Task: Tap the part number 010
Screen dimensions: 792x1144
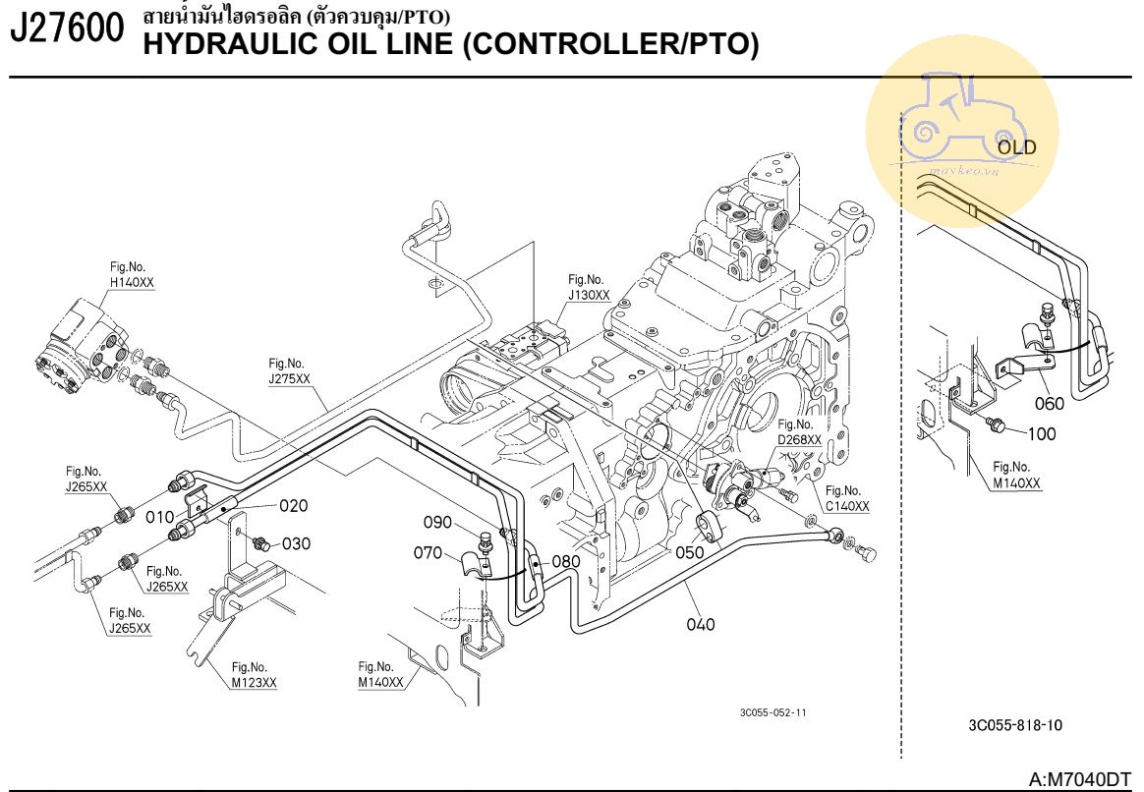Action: coord(159,517)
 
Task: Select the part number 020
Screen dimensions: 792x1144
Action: coord(292,506)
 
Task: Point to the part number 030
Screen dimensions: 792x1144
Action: coord(296,543)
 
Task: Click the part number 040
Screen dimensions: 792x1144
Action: coord(701,623)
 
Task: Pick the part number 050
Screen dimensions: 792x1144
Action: coord(690,553)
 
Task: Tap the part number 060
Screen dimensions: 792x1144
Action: coord(1049,403)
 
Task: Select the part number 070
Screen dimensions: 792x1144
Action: coord(428,553)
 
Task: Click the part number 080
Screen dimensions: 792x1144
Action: coord(565,561)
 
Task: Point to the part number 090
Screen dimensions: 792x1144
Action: coord(437,522)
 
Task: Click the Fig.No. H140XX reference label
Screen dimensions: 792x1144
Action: coord(132,274)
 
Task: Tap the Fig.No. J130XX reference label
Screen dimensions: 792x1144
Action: coord(589,287)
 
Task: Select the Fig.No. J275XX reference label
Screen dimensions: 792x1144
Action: coord(289,370)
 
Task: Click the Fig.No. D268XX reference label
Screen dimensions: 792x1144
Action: coord(799,432)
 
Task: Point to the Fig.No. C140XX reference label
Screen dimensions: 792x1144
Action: coord(847,498)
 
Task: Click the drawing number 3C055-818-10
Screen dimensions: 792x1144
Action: coord(1014,725)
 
